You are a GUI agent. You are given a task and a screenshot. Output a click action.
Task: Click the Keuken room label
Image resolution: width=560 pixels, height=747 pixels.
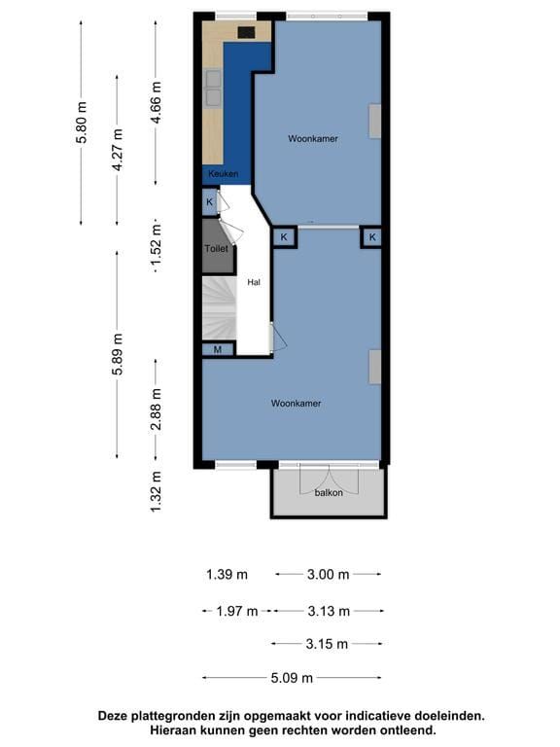point(224,174)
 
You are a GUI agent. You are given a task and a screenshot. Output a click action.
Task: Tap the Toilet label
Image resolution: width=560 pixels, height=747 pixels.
point(216,248)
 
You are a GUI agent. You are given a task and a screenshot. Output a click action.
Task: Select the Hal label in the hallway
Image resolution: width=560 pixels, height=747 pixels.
point(254,282)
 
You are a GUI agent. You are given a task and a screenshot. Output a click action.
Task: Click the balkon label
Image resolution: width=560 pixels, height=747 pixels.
point(329,492)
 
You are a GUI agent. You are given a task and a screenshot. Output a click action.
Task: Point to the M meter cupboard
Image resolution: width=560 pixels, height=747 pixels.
point(218,349)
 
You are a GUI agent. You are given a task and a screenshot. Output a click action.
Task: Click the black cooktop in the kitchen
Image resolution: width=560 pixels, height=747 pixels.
point(246,32)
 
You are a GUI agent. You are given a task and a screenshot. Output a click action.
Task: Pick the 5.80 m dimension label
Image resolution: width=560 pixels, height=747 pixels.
point(82,123)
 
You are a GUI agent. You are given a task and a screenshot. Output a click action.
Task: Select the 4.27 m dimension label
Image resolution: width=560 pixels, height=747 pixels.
point(118,150)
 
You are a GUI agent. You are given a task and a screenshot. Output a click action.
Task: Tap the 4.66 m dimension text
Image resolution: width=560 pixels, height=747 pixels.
point(157,102)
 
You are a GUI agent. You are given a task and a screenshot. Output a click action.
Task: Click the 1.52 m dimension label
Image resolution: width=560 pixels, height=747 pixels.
point(157,247)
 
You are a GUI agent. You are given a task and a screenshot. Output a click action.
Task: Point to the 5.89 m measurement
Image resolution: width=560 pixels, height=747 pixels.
point(118,354)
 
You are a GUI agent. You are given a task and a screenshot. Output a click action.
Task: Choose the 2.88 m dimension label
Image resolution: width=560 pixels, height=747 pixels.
point(157,409)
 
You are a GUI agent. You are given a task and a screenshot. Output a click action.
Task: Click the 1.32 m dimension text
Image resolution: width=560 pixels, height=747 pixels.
point(157,491)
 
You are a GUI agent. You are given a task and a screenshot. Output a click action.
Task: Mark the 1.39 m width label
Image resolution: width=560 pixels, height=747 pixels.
point(227,575)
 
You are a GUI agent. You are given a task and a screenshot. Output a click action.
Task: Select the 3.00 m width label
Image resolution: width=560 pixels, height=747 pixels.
point(328,575)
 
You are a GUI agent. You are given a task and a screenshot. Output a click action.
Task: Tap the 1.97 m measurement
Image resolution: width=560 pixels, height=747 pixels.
point(236,611)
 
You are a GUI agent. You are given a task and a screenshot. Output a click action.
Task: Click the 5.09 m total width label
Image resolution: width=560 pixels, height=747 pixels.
point(292,677)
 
